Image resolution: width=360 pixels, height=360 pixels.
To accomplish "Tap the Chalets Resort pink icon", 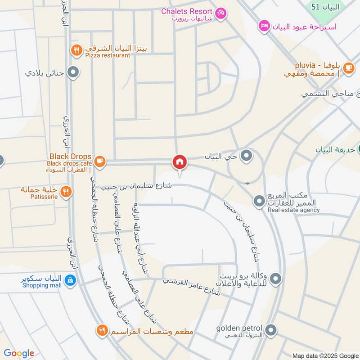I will (x=220, y=13).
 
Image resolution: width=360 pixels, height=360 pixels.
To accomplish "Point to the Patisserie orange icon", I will (x=66, y=191).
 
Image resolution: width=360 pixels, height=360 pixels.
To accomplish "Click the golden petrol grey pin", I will (x=270, y=331).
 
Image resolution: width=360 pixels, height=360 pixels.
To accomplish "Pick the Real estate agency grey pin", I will (x=259, y=201).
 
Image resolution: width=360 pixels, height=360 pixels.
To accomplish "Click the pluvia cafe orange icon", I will (x=348, y=68).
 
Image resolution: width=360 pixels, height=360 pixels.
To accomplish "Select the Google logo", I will (x=19, y=354).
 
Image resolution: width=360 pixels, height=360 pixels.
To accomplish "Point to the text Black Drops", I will (x=71, y=156).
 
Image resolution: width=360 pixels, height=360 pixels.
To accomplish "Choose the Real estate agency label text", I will (x=294, y=210).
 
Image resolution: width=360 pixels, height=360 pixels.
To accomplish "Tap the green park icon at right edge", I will (x=358, y=150).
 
